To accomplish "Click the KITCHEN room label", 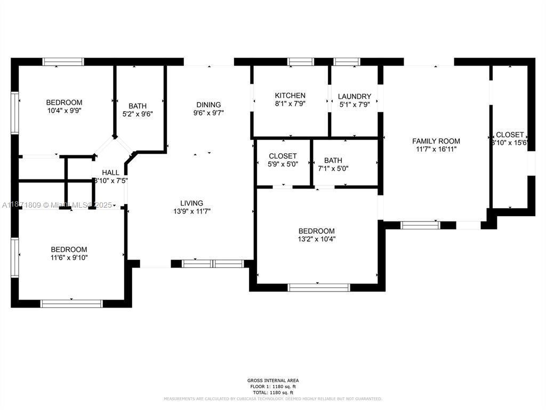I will (290, 96).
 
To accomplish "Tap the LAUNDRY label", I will (355, 97).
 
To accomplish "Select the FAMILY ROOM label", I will (436, 141).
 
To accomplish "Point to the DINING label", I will (208, 105).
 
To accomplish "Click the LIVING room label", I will (191, 203).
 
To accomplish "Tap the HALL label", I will (111, 172).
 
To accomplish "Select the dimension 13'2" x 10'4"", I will (317, 239).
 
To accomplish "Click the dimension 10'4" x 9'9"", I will (64, 111).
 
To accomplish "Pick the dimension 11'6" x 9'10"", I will (69, 258).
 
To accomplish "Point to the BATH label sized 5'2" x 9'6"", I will (137, 106).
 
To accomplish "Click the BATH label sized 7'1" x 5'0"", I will (333, 160).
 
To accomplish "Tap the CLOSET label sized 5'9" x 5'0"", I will (283, 156).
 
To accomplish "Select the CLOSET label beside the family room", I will (510, 135).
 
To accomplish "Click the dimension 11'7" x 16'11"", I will (436, 149).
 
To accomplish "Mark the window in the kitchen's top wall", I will (301, 61).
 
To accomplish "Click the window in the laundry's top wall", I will (347, 61).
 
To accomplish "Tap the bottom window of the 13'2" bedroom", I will (318, 287).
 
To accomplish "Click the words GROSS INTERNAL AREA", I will (272, 381).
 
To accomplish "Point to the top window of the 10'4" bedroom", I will (63, 61).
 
